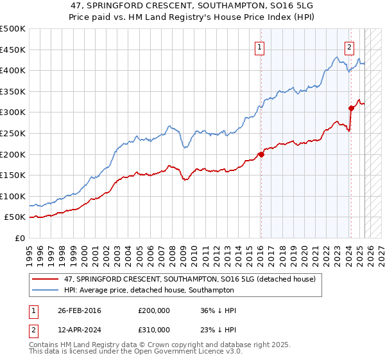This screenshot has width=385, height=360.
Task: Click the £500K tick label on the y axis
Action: [13, 29]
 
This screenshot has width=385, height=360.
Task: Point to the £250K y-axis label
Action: [13, 133]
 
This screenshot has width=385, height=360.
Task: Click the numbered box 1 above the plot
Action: [260, 46]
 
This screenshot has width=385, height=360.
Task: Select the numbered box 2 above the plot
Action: [350, 46]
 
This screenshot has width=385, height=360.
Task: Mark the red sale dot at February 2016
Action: [261, 154]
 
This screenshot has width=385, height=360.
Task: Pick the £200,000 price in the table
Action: [154, 310]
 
